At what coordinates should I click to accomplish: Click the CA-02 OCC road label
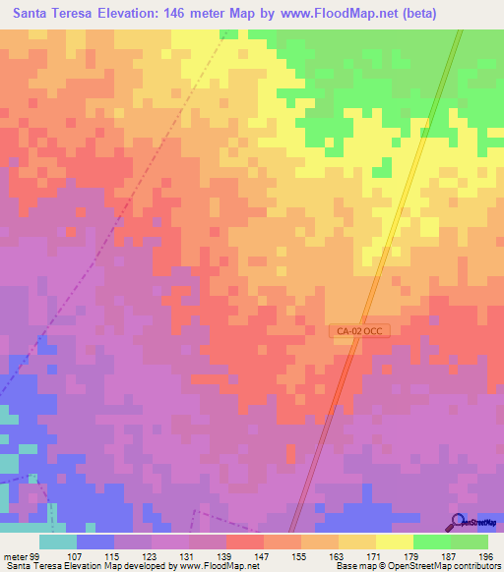359,332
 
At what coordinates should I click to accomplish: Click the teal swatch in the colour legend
58,542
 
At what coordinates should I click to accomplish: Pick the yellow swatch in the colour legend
395,542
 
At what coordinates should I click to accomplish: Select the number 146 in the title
192,14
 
